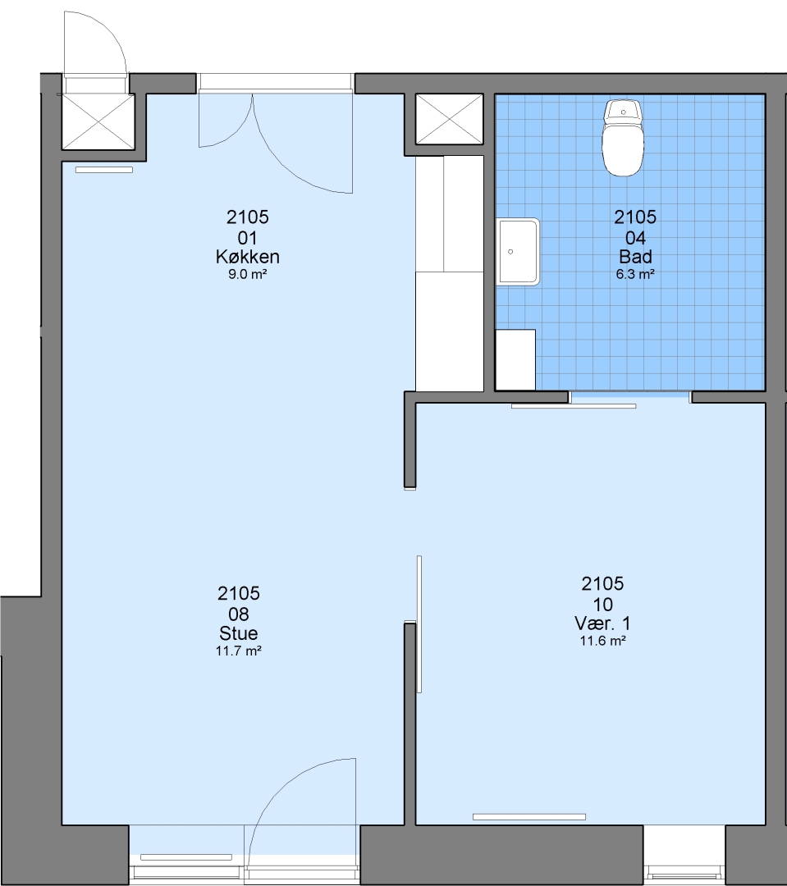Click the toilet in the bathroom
point(623,138)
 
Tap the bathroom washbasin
point(518,252)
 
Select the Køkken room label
point(248,257)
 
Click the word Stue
point(239,633)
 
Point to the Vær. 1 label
point(602,623)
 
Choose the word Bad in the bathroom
point(635,257)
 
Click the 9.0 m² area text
point(248,275)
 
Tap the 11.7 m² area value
point(239,651)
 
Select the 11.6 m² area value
point(602,641)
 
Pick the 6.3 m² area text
point(635,275)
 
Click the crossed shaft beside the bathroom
point(450,119)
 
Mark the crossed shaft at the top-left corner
point(98,121)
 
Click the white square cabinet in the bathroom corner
point(515,360)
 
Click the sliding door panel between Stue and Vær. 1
point(419,623)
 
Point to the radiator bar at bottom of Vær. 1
point(529,816)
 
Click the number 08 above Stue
point(239,614)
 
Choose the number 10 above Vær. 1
point(602,604)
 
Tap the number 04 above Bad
point(635,237)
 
